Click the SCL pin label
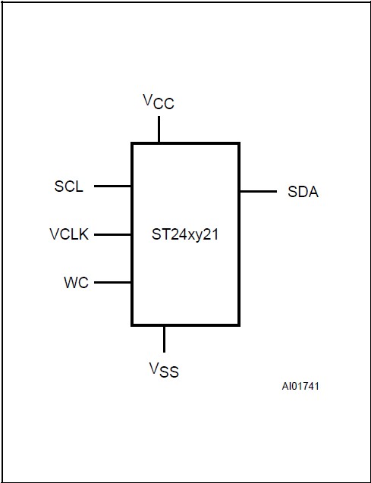(x=69, y=186)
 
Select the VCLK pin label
(x=69, y=234)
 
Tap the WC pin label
(x=76, y=283)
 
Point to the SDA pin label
(x=303, y=192)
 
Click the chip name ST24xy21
(x=186, y=234)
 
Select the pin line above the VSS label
(x=163, y=338)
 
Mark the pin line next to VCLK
(x=113, y=234)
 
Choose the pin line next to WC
(x=113, y=283)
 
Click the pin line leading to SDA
(x=258, y=192)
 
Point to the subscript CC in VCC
(x=164, y=104)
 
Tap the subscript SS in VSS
(x=169, y=374)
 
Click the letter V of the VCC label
(x=148, y=99)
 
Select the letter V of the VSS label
(x=153, y=369)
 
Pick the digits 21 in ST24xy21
(x=213, y=234)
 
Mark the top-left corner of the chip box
(x=133, y=143)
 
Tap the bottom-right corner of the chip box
(x=239, y=325)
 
